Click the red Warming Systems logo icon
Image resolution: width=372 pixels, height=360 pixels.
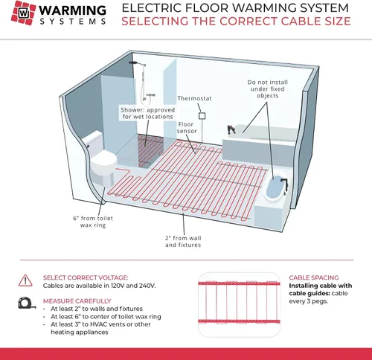(x=23, y=13)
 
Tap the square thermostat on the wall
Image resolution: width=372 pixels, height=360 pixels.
(x=202, y=116)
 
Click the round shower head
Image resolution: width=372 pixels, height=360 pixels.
(x=134, y=62)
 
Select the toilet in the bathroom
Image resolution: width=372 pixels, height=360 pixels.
(x=102, y=158)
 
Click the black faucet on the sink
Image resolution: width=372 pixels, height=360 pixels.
(x=285, y=184)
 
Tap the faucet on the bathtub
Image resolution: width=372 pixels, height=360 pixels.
(x=231, y=129)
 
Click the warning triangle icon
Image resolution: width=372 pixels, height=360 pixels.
(x=25, y=280)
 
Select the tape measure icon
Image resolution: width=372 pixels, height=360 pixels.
(x=27, y=303)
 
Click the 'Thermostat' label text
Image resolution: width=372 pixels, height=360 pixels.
(x=194, y=98)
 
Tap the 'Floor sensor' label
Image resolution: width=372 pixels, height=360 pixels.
(x=187, y=128)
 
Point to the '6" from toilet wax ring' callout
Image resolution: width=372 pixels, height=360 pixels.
(x=93, y=222)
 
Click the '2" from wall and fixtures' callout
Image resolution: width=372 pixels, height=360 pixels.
(x=183, y=242)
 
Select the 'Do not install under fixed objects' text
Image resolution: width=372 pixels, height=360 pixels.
(x=268, y=89)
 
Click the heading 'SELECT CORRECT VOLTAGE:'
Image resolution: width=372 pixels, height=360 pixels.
(x=86, y=277)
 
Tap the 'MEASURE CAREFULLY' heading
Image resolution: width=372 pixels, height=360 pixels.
(x=77, y=301)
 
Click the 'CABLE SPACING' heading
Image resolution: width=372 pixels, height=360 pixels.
(x=314, y=277)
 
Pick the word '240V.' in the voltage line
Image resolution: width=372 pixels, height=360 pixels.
(x=147, y=286)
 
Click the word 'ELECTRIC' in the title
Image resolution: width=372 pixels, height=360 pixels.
(x=151, y=8)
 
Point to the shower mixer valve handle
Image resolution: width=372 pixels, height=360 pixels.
(x=150, y=95)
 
